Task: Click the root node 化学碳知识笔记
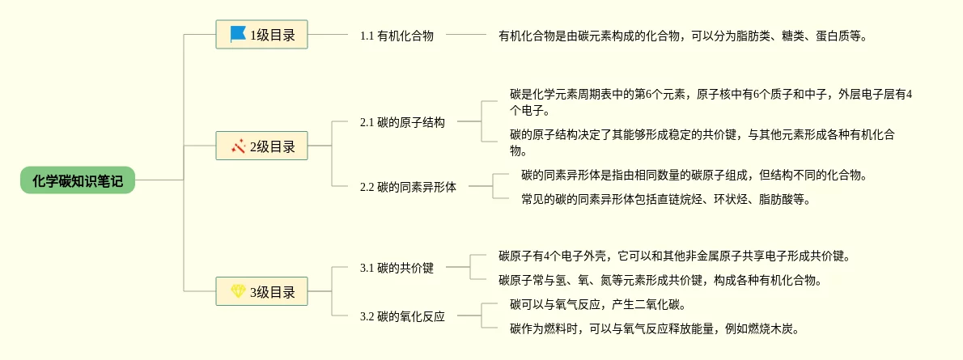pyautogui.click(x=78, y=180)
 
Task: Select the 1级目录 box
pyautogui.click(x=261, y=35)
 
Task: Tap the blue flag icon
pyautogui.click(x=238, y=34)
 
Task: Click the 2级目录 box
pyautogui.click(x=261, y=146)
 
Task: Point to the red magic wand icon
pyautogui.click(x=238, y=146)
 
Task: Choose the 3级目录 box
pyautogui.click(x=261, y=292)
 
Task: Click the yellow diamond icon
pyautogui.click(x=238, y=291)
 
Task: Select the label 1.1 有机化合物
pyautogui.click(x=397, y=36)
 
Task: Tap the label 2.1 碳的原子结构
pyautogui.click(x=402, y=122)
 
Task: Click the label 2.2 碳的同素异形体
pyautogui.click(x=408, y=187)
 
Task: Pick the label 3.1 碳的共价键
pyautogui.click(x=397, y=268)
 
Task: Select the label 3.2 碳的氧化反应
pyautogui.click(x=402, y=316)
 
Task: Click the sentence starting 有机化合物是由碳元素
pyautogui.click(x=683, y=36)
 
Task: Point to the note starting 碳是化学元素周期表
pyautogui.click(x=711, y=102)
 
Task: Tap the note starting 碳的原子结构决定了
pyautogui.click(x=702, y=142)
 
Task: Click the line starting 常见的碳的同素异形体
pyautogui.click(x=666, y=199)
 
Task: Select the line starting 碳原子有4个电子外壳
pyautogui.click(x=675, y=256)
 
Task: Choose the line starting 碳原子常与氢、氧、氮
pyautogui.click(x=660, y=281)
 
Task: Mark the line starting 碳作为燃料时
pyautogui.click(x=655, y=329)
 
